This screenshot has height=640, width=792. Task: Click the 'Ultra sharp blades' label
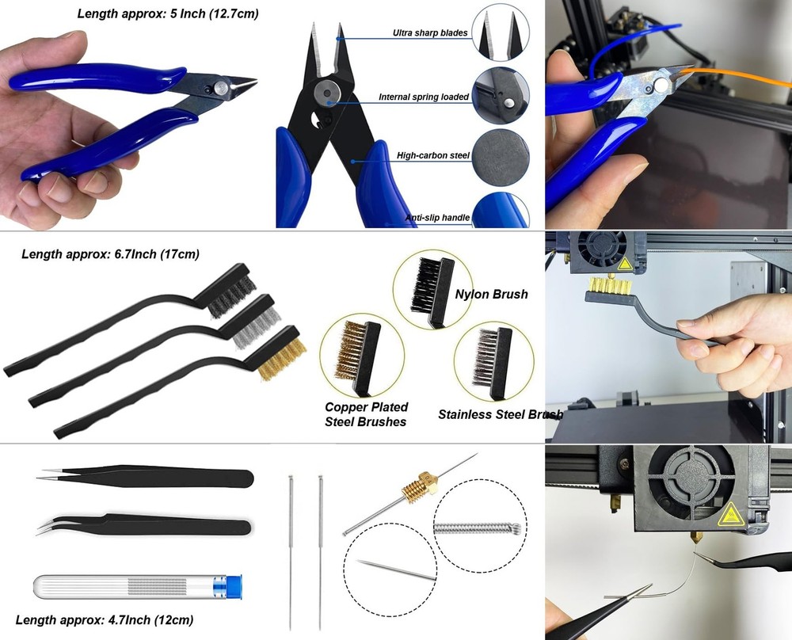(x=430, y=33)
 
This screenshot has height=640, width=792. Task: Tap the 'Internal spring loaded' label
(x=424, y=97)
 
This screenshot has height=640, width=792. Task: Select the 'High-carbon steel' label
(x=433, y=156)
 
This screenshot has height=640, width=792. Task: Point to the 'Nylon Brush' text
(x=491, y=295)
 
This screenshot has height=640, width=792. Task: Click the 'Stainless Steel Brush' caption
(x=501, y=414)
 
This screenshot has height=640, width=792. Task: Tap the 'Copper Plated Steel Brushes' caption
(x=365, y=414)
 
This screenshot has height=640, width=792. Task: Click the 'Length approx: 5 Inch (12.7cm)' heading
(x=168, y=13)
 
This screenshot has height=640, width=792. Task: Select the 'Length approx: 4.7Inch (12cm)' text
(x=104, y=620)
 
